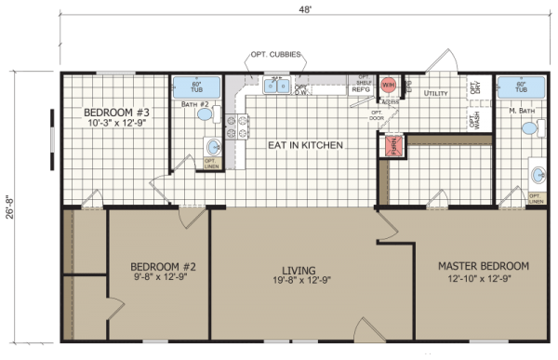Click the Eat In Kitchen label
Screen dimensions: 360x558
coord(305,146)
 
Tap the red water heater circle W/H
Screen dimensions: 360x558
coord(388,85)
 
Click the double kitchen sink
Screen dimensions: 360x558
coord(275,87)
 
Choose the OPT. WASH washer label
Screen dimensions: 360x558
coord(474,120)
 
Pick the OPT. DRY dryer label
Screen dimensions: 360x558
coord(474,88)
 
